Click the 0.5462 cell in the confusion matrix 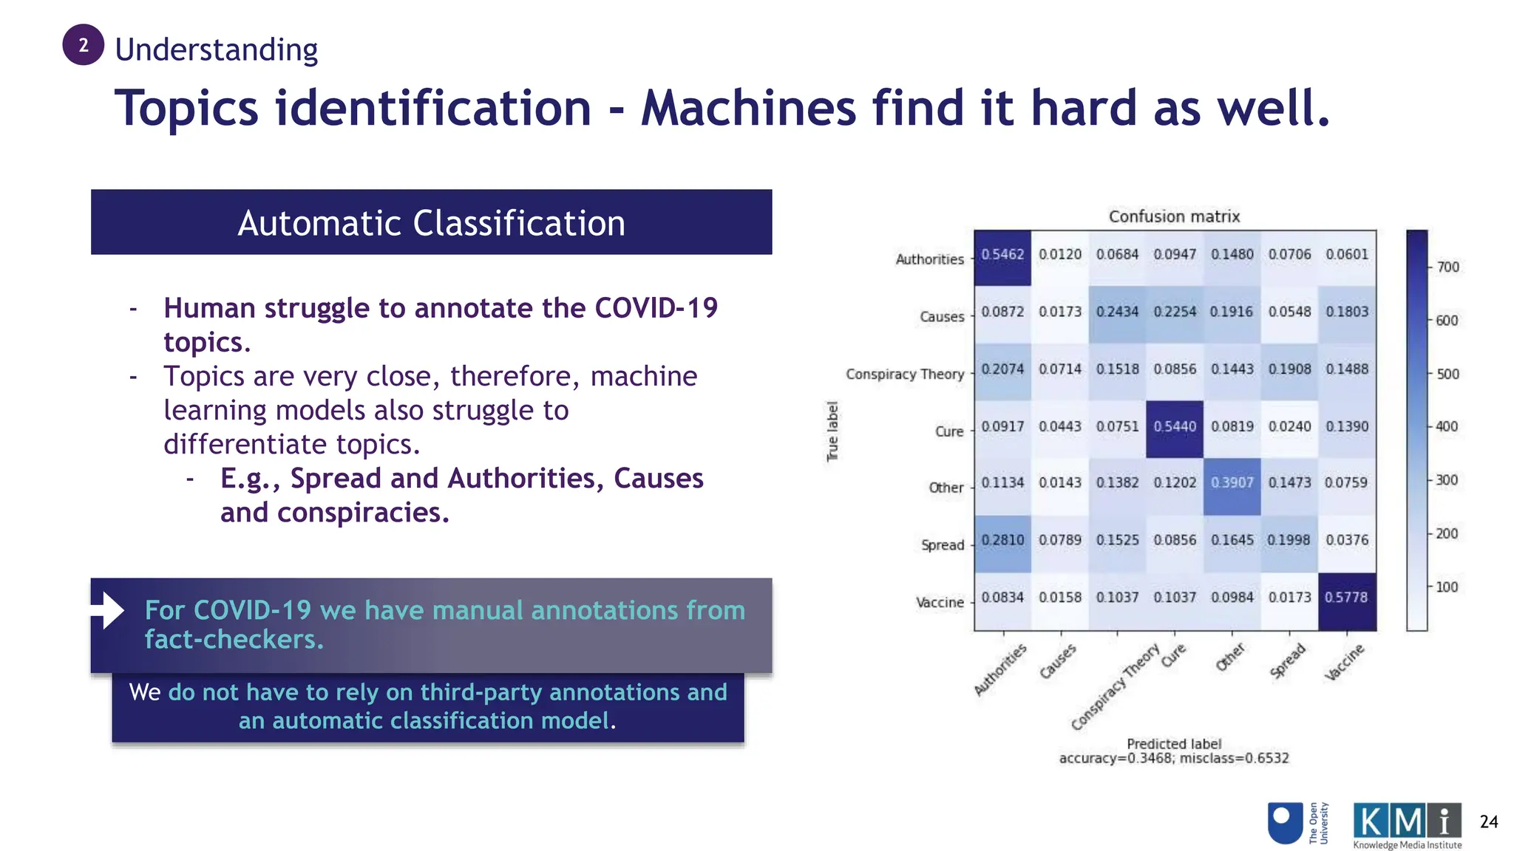tap(1002, 255)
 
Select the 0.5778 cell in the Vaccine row tap(1346, 598)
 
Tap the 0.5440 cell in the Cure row tap(1174, 427)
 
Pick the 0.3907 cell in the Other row tap(1232, 483)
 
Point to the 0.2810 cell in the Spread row tap(1002, 540)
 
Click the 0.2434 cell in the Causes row tap(1117, 312)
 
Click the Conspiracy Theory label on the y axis tap(905, 375)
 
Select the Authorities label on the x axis tap(1000, 669)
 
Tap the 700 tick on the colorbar tap(1447, 267)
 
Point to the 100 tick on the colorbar tap(1447, 587)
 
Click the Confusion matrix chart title tap(1174, 216)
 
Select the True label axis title tap(832, 431)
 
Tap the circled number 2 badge tap(83, 45)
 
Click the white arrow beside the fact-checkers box tap(108, 610)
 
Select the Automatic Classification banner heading tap(431, 222)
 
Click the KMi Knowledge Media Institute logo tap(1407, 825)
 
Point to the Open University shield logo tap(1285, 823)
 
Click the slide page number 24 tap(1488, 822)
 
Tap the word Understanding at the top tap(216, 49)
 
